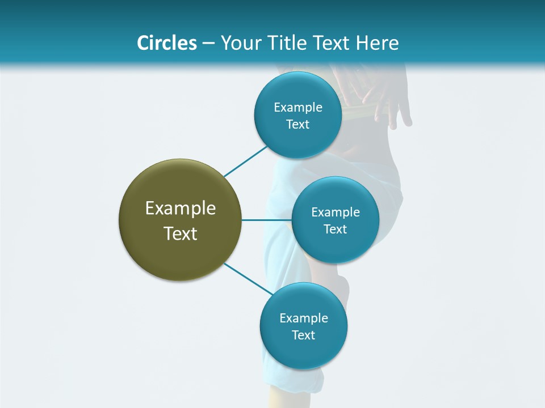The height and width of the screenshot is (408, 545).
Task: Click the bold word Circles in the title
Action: pyautogui.click(x=166, y=43)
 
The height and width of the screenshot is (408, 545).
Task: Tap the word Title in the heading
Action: pyautogui.click(x=287, y=43)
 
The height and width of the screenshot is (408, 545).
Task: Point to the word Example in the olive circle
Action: pyautogui.click(x=181, y=209)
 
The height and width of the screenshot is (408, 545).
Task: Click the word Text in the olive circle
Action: pyautogui.click(x=181, y=233)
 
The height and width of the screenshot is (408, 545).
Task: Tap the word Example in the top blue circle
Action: pyautogui.click(x=298, y=108)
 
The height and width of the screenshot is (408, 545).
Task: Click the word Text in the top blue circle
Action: pyautogui.click(x=298, y=125)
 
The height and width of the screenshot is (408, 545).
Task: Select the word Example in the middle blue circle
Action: pyautogui.click(x=336, y=212)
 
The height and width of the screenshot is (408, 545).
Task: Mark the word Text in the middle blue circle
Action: pyautogui.click(x=336, y=229)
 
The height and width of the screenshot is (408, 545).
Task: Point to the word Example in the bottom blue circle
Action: pyautogui.click(x=304, y=318)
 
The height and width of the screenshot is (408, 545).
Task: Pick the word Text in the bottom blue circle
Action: pyautogui.click(x=304, y=335)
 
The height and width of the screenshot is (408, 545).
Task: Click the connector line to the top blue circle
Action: pyautogui.click(x=245, y=161)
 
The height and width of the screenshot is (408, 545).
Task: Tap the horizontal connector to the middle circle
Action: pyautogui.click(x=266, y=220)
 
